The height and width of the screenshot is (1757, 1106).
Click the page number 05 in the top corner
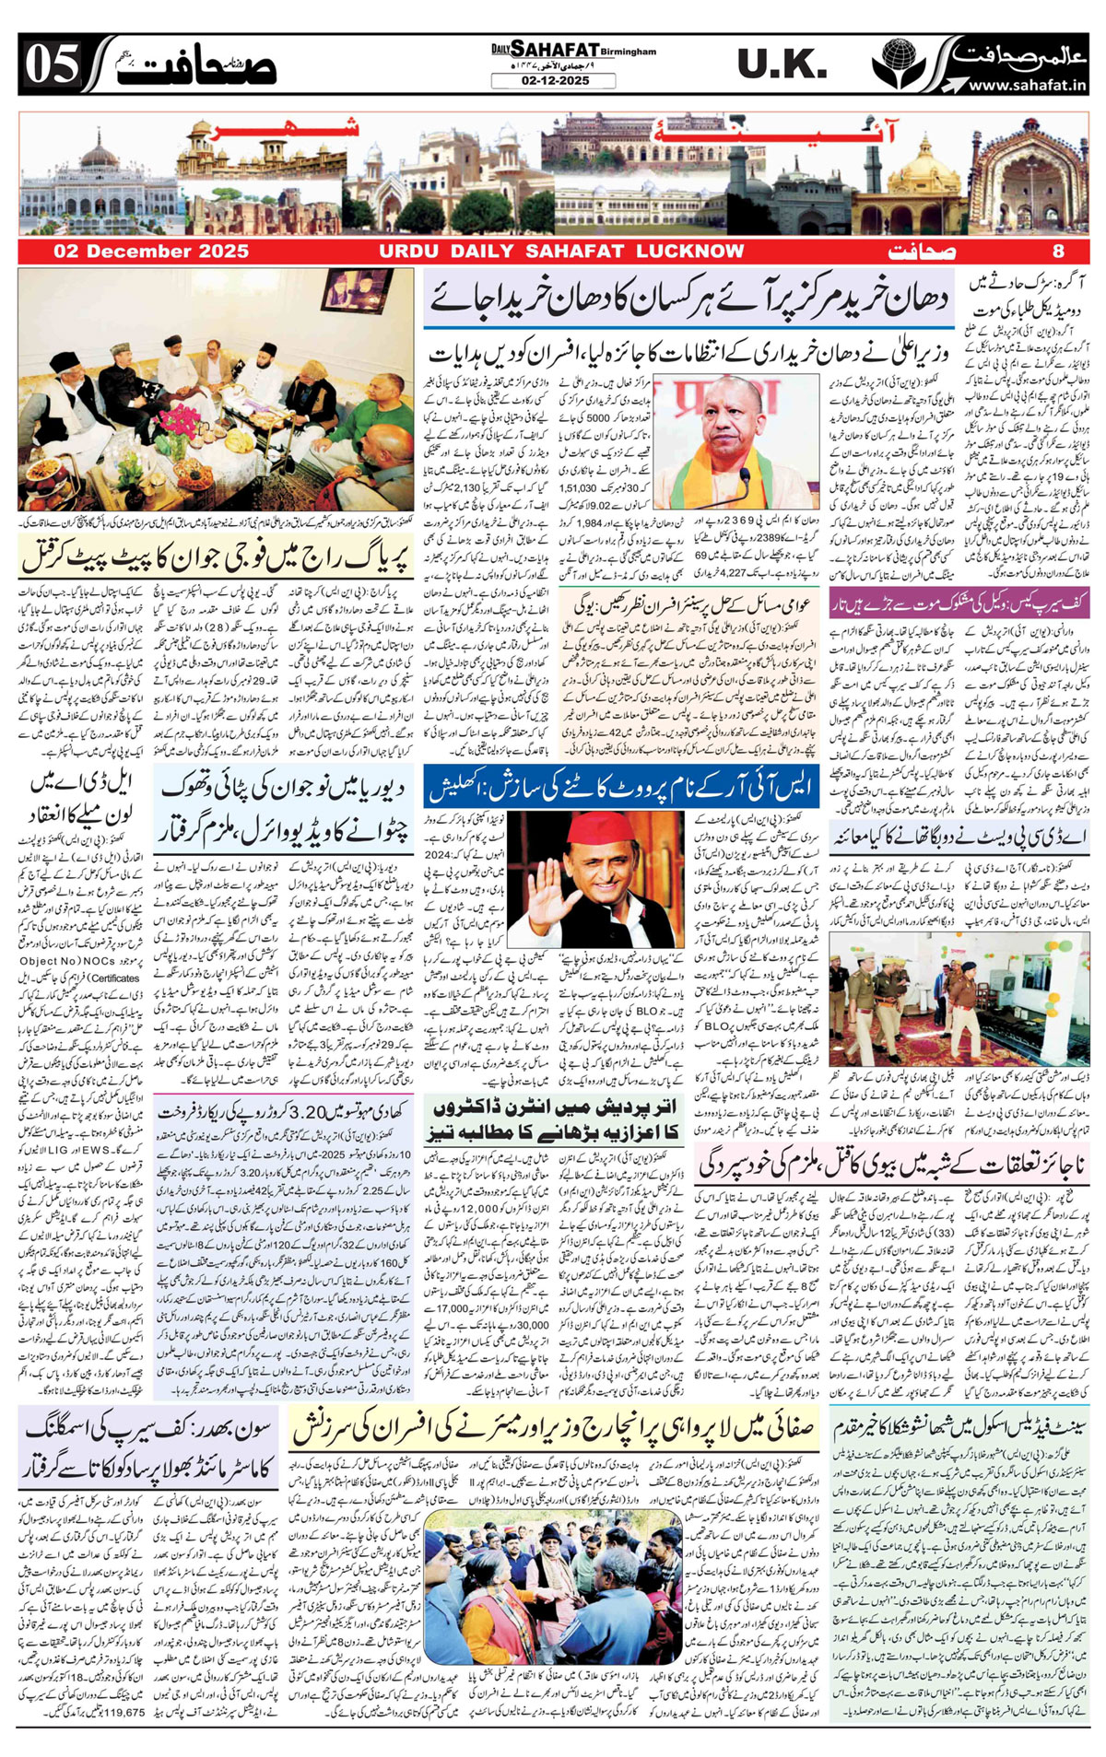51,65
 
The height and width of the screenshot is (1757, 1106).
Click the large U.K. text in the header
782,64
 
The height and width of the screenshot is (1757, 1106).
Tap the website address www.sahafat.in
1027,85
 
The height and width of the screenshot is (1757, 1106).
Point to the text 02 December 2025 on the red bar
150,251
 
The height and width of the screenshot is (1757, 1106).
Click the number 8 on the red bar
1058,251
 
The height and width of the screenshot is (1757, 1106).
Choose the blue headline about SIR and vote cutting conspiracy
622,787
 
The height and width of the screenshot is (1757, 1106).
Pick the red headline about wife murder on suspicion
891,1162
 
